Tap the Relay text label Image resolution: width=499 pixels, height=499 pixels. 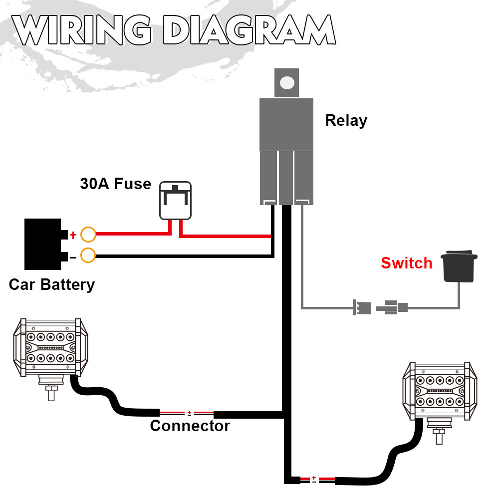click(346, 120)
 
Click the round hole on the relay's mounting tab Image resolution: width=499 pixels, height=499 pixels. click(286, 83)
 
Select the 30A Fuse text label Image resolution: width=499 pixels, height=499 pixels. click(115, 184)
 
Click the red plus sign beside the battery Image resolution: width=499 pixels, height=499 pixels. click(73, 234)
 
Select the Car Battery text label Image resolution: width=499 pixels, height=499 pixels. click(51, 284)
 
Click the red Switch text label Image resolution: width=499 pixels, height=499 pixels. click(406, 263)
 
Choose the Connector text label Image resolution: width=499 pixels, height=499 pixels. click(190, 426)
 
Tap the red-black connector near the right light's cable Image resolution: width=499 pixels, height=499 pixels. click(314, 480)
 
